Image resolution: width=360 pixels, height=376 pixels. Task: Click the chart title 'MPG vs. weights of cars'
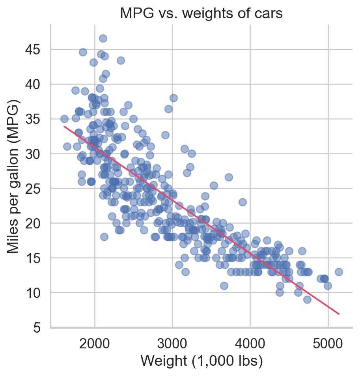tap(201, 14)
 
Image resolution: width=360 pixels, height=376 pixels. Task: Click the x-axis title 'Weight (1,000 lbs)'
tap(201, 361)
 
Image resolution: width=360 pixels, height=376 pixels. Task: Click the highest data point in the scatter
tap(103, 38)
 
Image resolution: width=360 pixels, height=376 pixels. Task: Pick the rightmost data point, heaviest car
tap(339, 272)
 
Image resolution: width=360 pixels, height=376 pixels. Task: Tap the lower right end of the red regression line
tap(339, 314)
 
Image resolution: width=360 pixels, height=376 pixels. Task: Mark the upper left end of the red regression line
tap(65, 127)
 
